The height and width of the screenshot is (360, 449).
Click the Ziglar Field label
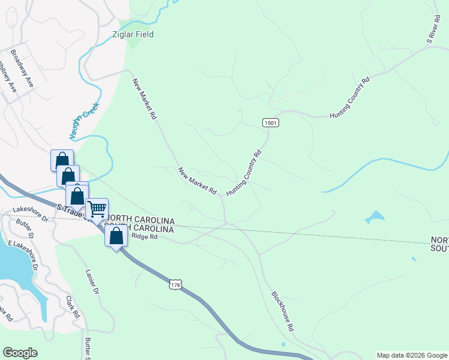(x=133, y=34)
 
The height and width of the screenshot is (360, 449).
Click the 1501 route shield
(x=270, y=122)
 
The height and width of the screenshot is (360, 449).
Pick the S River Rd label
(x=433, y=29)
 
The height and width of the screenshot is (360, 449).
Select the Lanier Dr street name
(x=91, y=282)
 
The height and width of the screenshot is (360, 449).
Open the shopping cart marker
(x=97, y=209)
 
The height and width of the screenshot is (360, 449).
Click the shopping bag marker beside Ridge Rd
(x=116, y=235)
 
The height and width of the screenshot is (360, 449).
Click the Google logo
(x=20, y=353)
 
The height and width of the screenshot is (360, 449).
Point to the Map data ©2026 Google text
(x=411, y=355)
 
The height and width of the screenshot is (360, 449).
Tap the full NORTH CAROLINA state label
(x=140, y=219)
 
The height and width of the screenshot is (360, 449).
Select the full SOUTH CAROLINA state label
(x=140, y=229)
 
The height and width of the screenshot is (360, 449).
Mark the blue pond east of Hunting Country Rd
(x=373, y=217)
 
